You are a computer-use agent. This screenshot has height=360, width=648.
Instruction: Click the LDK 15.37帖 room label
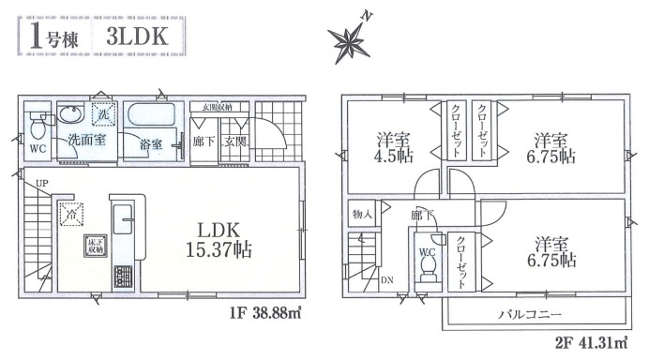pos(223,238)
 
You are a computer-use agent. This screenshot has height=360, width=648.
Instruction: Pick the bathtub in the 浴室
pos(151,119)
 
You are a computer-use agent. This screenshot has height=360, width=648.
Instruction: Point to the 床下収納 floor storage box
pos(95,247)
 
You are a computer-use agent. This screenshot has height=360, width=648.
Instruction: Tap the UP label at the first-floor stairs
pos(41,184)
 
